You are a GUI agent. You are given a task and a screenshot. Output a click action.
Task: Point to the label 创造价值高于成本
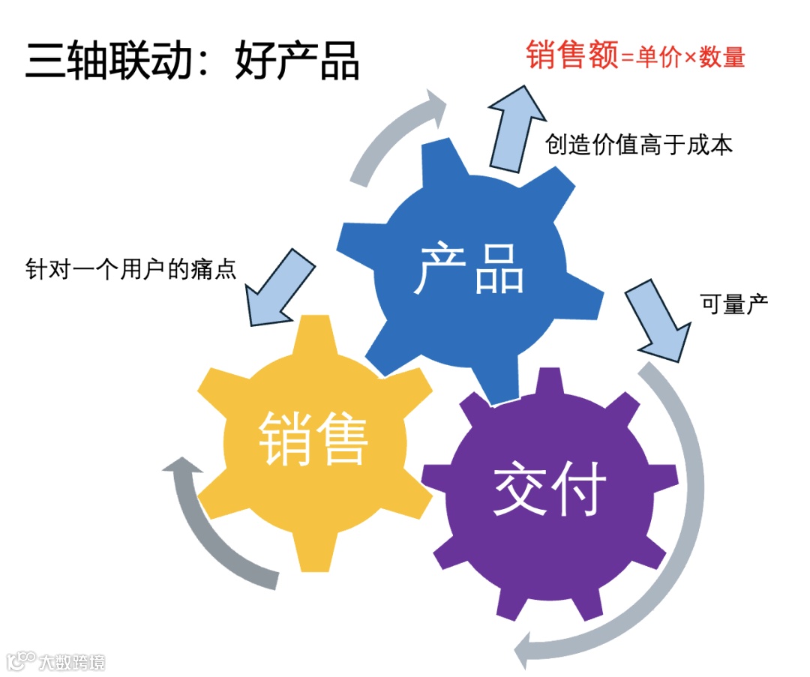pyautogui.click(x=639, y=145)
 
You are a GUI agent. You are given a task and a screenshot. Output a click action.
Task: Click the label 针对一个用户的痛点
pyautogui.click(x=131, y=268)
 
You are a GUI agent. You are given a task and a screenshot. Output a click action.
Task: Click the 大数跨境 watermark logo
pyautogui.click(x=56, y=661)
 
